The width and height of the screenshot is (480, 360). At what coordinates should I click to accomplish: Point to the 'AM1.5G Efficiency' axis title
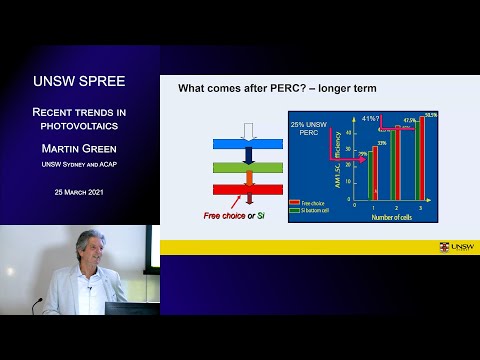[x=341, y=159]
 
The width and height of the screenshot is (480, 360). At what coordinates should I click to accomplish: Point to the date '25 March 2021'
[x=80, y=192]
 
